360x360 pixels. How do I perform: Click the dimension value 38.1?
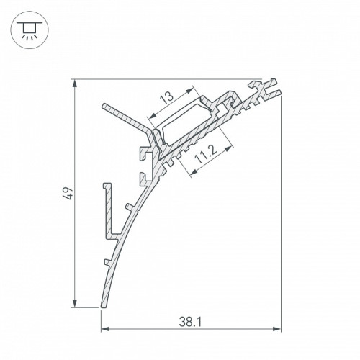pyautogui.click(x=191, y=322)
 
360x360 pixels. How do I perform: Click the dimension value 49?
pyautogui.click(x=68, y=194)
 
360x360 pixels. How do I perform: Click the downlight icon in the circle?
pyautogui.click(x=30, y=30)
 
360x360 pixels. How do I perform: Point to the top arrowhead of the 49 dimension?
pyautogui.click(x=75, y=84)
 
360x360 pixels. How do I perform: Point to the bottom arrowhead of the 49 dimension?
pyautogui.click(x=75, y=303)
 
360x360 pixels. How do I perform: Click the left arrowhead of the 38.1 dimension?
pyautogui.click(x=105, y=329)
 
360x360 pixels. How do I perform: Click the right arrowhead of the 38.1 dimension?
pyautogui.click(x=276, y=329)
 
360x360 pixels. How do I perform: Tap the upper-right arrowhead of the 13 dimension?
pyautogui.click(x=189, y=90)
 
